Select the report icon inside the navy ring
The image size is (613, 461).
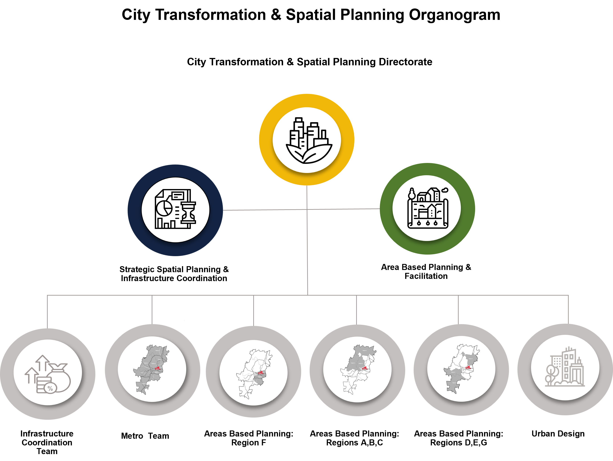(175, 209)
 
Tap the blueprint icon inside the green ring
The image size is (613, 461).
(428, 208)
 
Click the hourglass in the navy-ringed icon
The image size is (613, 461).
(189, 213)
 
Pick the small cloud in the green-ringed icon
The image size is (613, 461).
(445, 190)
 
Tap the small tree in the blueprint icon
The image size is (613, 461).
(412, 194)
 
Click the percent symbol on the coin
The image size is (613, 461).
(50, 388)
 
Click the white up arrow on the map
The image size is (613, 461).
(360, 354)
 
